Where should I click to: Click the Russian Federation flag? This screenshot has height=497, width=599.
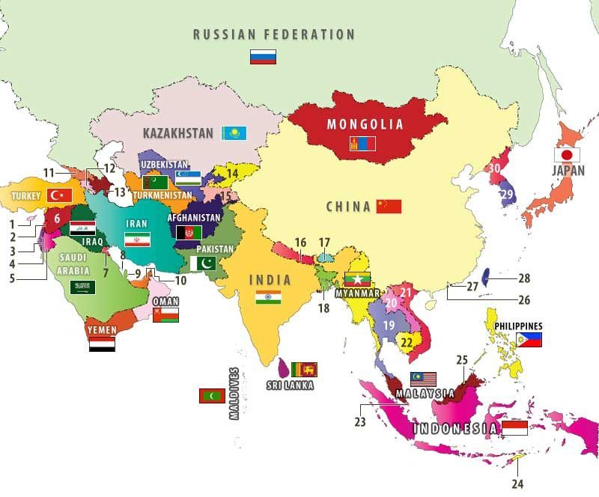click(x=263, y=57)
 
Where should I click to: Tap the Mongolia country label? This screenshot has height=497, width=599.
click(x=365, y=124)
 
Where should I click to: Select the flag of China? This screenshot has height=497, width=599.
click(x=389, y=207)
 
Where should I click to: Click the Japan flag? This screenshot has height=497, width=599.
click(x=567, y=155)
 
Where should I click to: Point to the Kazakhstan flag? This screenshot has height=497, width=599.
click(x=234, y=133)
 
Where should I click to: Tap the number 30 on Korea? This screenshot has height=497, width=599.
click(x=494, y=169)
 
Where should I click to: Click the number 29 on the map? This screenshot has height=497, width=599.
click(x=508, y=195)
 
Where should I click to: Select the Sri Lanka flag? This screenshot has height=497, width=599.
click(x=304, y=368)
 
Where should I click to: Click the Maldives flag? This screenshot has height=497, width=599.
click(x=212, y=396)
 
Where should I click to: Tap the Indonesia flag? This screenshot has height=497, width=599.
click(x=514, y=428)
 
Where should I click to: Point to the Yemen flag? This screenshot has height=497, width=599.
click(x=101, y=344)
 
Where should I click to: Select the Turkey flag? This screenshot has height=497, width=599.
click(x=58, y=195)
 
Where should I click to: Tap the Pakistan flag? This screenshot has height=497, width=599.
click(x=203, y=263)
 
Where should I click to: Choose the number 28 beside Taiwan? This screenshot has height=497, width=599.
click(x=523, y=278)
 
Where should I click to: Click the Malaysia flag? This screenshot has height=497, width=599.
click(x=423, y=379)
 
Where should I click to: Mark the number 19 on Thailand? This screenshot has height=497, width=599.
click(x=389, y=326)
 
